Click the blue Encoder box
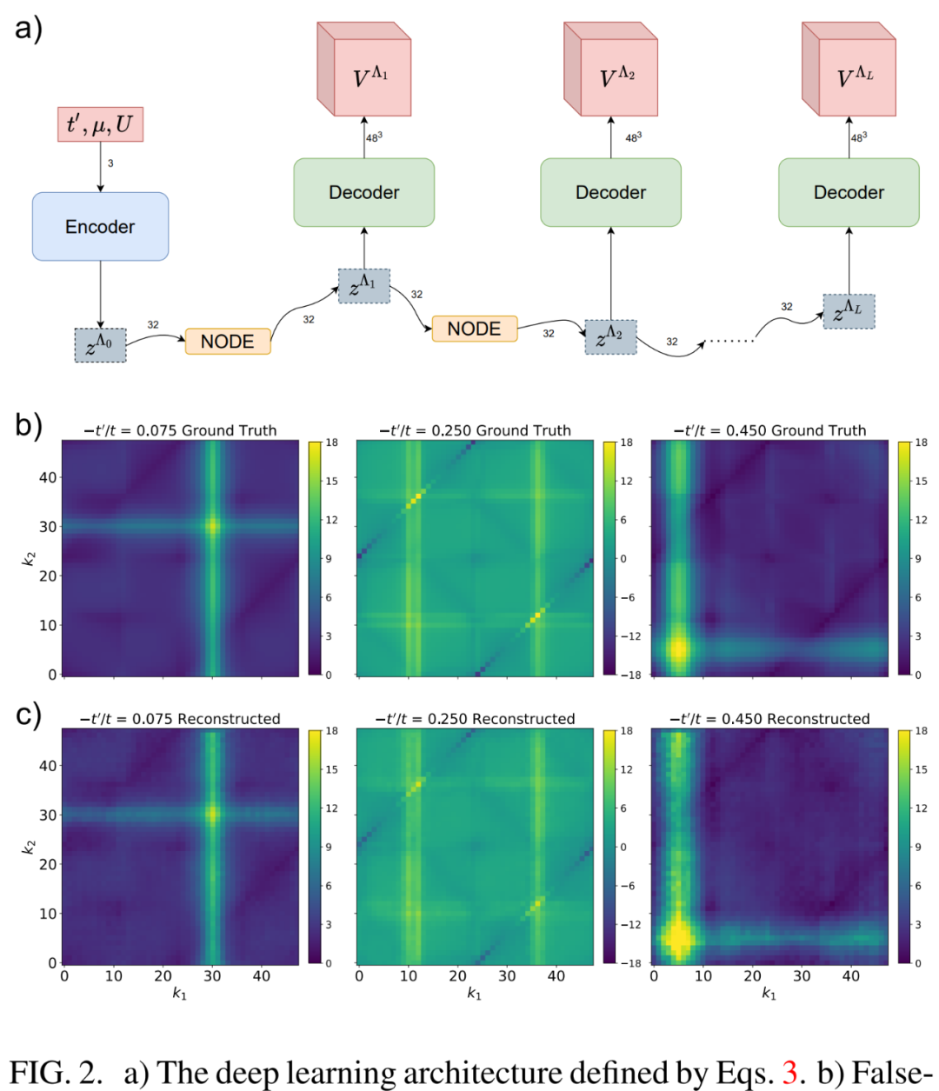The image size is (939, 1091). coord(100,227)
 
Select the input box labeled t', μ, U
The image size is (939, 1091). coord(100,124)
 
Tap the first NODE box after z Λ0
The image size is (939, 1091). coord(228,342)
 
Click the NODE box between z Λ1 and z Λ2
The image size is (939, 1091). coord(474,329)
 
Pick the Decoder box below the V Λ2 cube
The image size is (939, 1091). coord(610,193)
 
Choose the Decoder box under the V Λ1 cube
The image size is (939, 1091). coord(363,193)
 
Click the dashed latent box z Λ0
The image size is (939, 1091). coord(100,345)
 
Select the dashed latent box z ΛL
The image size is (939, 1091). coord(849,311)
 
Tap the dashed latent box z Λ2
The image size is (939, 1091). coord(610,336)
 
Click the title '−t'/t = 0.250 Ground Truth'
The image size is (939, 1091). coord(475,430)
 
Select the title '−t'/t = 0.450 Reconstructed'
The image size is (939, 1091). coord(769,719)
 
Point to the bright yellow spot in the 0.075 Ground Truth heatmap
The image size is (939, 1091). coord(212,525)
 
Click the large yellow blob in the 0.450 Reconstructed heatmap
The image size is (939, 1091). coord(678,938)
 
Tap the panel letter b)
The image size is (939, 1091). coord(28,425)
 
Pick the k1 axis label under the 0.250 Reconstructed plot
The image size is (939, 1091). coord(474,993)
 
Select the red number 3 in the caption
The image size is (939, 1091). coord(789,1073)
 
